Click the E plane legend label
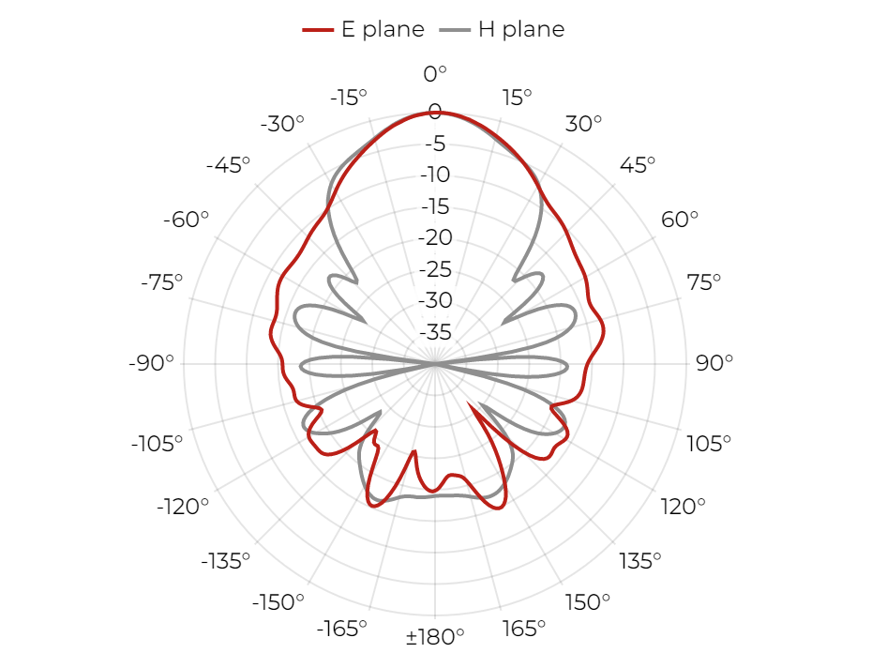[x=383, y=29]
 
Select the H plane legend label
[x=521, y=29]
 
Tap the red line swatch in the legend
[x=318, y=30]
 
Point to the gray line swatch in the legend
[x=455, y=30]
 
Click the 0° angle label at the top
[x=435, y=73]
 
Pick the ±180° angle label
[x=435, y=636]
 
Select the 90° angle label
[x=714, y=363]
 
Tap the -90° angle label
[x=151, y=363]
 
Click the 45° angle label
[x=638, y=165]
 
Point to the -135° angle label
[x=226, y=561]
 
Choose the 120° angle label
[x=683, y=507]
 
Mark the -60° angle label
[x=186, y=220]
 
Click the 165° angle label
[x=524, y=629]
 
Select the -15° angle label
[x=349, y=98]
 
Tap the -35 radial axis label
[x=435, y=332]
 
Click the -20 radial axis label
[x=435, y=237]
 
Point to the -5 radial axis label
[x=435, y=144]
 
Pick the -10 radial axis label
[x=435, y=175]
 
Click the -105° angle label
[x=157, y=444]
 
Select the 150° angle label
[x=587, y=601]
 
